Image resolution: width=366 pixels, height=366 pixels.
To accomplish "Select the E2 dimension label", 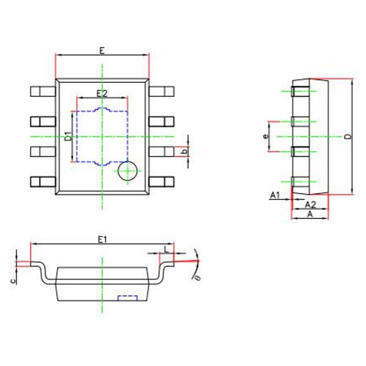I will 102,93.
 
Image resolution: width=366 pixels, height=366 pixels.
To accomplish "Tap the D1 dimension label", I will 68,137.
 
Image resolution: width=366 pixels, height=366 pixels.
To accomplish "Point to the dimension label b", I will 187,150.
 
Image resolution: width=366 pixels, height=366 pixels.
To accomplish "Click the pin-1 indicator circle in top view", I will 127,171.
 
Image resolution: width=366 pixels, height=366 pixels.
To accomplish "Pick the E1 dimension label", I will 102,240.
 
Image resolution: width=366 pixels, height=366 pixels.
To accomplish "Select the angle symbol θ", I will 197,278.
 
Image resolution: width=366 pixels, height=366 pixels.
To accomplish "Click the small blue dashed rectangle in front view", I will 127,298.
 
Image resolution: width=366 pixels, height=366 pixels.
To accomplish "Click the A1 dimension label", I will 274,195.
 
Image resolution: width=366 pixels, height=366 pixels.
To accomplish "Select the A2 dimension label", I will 309,204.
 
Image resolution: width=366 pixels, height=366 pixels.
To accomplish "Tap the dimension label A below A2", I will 309,215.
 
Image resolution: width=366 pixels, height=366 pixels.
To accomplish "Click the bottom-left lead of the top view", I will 43,182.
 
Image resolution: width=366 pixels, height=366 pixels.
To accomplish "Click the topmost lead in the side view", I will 299,92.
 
